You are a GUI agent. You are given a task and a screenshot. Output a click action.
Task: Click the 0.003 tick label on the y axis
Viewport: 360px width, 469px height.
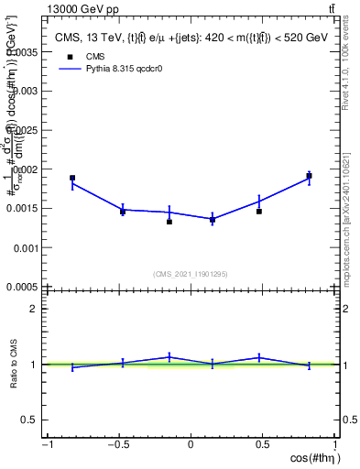tap(24, 92)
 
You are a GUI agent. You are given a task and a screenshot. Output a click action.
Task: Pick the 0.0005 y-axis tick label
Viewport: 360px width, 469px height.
tap(22, 287)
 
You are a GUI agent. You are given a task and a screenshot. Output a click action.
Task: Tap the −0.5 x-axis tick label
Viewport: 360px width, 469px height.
tap(117, 446)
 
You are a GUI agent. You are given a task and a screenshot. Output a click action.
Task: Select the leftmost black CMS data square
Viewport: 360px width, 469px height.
tap(72, 178)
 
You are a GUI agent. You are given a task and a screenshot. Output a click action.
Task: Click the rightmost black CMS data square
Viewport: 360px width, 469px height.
tap(310, 176)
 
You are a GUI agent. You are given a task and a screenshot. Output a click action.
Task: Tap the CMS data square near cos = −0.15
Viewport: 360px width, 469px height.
tap(169, 222)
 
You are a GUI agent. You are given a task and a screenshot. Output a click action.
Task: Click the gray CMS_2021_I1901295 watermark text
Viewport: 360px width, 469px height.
tap(191, 274)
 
